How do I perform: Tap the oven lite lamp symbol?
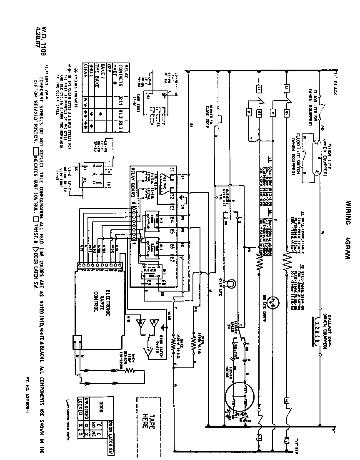pos(229,283)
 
